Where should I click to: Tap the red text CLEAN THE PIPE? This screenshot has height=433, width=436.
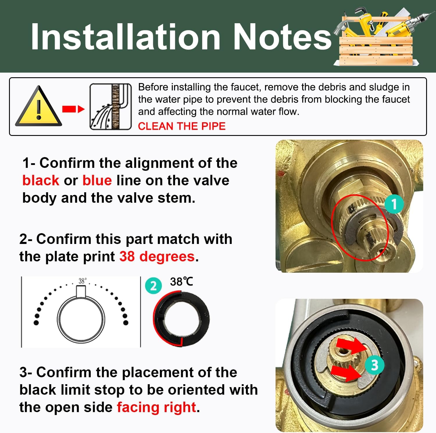coord(182,126)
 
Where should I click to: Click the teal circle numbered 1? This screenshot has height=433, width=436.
coord(394,204)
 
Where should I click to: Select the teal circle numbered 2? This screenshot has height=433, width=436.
coord(153,286)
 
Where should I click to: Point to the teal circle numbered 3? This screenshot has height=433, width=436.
coord(375,365)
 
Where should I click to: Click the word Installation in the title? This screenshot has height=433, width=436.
coord(126,37)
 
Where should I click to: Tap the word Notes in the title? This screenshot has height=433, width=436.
coord(282,37)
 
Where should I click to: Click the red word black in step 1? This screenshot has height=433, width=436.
coord(41,180)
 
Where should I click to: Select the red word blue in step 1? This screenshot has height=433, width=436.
coord(97,180)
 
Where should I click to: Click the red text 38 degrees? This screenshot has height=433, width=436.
coord(157,257)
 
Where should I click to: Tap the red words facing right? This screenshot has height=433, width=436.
coord(156,407)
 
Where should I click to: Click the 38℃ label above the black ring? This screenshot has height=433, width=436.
coord(181,281)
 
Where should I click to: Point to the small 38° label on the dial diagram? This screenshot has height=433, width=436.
coord(82,281)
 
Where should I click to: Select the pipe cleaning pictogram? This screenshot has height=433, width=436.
coord(111,107)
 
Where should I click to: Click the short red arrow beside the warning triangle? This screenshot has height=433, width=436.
coord(73,109)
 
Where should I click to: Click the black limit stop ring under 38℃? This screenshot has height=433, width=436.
coord(181,320)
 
